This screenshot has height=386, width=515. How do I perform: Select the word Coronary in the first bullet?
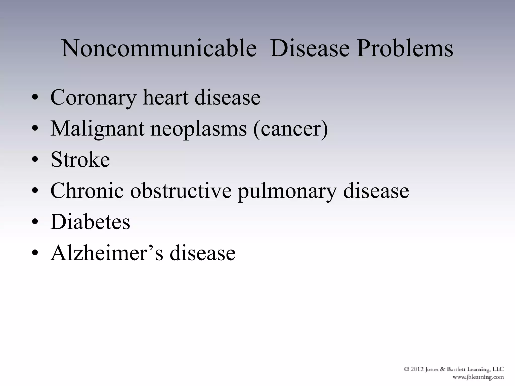click(x=94, y=98)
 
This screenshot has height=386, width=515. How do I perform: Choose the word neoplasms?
click(x=199, y=129)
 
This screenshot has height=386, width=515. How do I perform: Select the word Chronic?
click(x=87, y=190)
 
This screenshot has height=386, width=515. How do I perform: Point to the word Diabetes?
click(x=90, y=222)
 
